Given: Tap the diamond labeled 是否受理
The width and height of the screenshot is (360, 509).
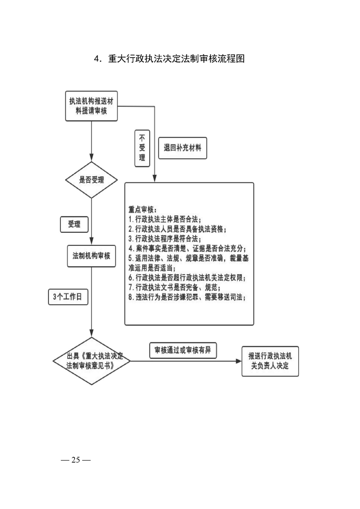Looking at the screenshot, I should point(92,180).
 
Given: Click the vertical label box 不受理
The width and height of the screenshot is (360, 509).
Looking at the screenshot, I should point(142,148).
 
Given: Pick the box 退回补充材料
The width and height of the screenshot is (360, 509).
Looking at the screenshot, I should point(182,148).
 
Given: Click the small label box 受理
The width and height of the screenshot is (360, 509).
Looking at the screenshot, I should point(74,224).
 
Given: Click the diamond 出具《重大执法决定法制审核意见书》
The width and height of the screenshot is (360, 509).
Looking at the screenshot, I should point(92,361).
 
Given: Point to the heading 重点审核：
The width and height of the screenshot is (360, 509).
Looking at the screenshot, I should point(143,210).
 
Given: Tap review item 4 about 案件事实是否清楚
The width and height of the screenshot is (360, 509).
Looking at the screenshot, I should point(187,249).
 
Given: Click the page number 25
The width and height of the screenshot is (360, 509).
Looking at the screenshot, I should point(75,460).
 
